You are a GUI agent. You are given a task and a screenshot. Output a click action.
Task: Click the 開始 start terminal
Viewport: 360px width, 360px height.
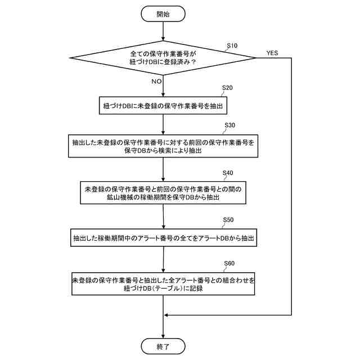(163, 13)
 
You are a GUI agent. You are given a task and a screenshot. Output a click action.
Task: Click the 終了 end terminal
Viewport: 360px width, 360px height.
(163, 345)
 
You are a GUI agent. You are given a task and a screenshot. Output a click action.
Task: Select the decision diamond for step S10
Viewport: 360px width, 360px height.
(163, 58)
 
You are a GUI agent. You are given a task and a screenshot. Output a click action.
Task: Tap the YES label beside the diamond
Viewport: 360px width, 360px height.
(272, 53)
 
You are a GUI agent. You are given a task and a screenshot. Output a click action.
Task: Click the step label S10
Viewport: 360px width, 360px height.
(232, 45)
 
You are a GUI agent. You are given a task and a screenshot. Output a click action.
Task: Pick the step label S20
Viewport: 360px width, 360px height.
(227, 88)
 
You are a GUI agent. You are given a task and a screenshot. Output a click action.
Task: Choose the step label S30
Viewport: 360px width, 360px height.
(229, 124)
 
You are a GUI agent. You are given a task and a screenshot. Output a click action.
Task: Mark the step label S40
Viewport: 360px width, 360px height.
(228, 172)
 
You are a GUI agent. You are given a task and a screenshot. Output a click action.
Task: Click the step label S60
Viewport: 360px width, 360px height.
(229, 263)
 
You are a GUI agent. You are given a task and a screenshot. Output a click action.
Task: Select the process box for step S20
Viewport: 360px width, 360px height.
(163, 105)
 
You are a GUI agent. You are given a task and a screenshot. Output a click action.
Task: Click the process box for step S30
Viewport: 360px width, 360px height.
(163, 146)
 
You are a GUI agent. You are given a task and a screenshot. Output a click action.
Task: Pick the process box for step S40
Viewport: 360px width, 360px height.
(163, 193)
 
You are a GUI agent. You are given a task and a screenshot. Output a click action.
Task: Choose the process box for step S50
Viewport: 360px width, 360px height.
(163, 238)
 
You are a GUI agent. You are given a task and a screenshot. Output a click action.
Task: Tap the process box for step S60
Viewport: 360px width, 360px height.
(163, 284)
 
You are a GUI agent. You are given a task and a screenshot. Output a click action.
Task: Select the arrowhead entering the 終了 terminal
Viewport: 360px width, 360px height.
(163, 335)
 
